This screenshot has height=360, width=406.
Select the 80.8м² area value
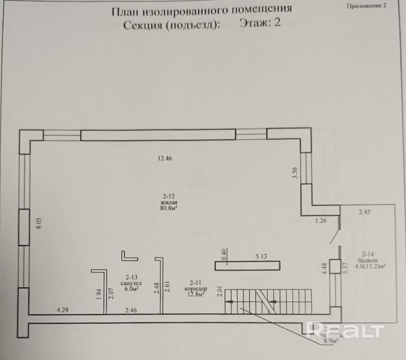pyautogui.click(x=170, y=209)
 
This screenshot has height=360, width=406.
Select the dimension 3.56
pyautogui.click(x=295, y=173)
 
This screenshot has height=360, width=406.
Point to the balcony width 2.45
pyautogui.click(x=365, y=211)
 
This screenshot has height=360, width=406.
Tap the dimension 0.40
pyautogui.click(x=224, y=255)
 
